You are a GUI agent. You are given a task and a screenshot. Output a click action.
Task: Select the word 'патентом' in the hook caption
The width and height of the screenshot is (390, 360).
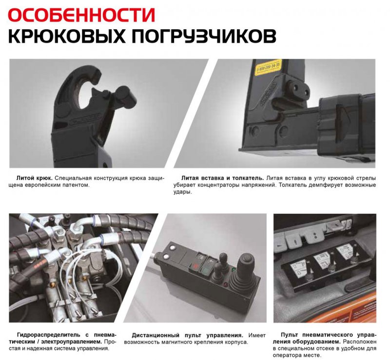pyautogui.click(x=78, y=185)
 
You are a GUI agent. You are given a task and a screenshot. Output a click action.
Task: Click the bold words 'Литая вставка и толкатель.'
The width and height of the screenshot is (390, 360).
pyautogui.click(x=223, y=178)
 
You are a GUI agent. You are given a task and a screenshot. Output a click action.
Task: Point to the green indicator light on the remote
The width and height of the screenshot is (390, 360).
pyautogui.click(x=234, y=269)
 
